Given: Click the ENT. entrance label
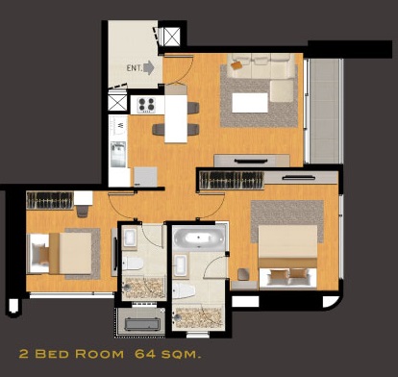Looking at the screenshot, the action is point(134,68).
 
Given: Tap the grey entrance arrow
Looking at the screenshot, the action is point(149,68).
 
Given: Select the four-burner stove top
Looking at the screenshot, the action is point(146,105).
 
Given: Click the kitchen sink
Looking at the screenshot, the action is point(118,154).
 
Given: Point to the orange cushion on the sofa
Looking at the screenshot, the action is point(236,65).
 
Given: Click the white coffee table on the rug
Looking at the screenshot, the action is point(250,103).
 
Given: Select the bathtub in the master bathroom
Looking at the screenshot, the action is point(199,239).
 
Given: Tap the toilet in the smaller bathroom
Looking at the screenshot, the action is point(133,263).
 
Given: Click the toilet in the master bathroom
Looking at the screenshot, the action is point(184,290).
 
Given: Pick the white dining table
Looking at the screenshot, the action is point(176,118).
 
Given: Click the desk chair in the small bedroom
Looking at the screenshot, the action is point(83,211).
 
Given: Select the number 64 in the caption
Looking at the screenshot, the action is point(145,354).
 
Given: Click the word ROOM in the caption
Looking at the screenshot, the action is point(99,354).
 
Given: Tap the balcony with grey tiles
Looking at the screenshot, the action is point(324,111).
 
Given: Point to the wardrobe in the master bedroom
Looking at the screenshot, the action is point(232,180).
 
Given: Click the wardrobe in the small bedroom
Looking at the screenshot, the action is point(50,200).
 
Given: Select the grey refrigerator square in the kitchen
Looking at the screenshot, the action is point(145,177).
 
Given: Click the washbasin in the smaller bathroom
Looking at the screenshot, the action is point(131,238).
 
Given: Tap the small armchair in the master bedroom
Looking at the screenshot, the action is point(243,274).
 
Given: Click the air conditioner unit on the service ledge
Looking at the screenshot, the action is point(142,324).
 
